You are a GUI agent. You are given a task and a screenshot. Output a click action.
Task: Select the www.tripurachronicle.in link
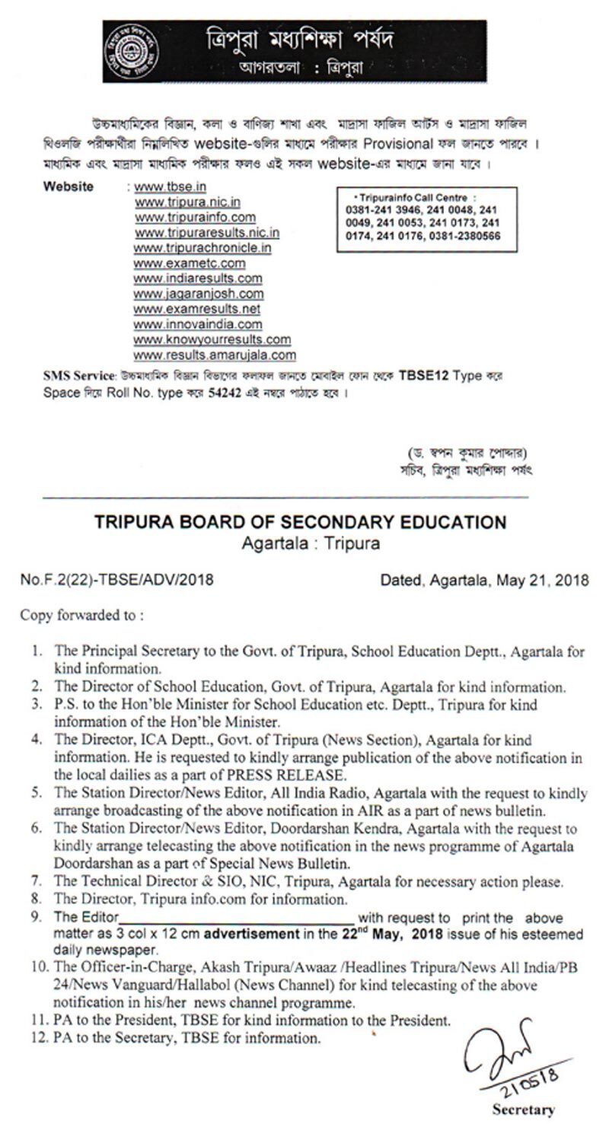coord(203,248)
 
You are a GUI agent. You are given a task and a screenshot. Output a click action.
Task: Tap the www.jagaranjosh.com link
coord(199,294)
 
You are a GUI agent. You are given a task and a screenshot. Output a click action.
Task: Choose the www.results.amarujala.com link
coord(215,355)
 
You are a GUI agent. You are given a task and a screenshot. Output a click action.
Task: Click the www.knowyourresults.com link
coord(212,339)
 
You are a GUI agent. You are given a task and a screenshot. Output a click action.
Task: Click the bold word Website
coord(69,186)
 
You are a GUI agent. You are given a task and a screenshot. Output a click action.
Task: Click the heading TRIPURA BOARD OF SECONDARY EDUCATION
coord(300,523)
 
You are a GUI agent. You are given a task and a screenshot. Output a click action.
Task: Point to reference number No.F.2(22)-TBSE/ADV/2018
coord(116,580)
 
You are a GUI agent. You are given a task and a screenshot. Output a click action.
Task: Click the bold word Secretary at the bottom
coord(523,1110)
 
